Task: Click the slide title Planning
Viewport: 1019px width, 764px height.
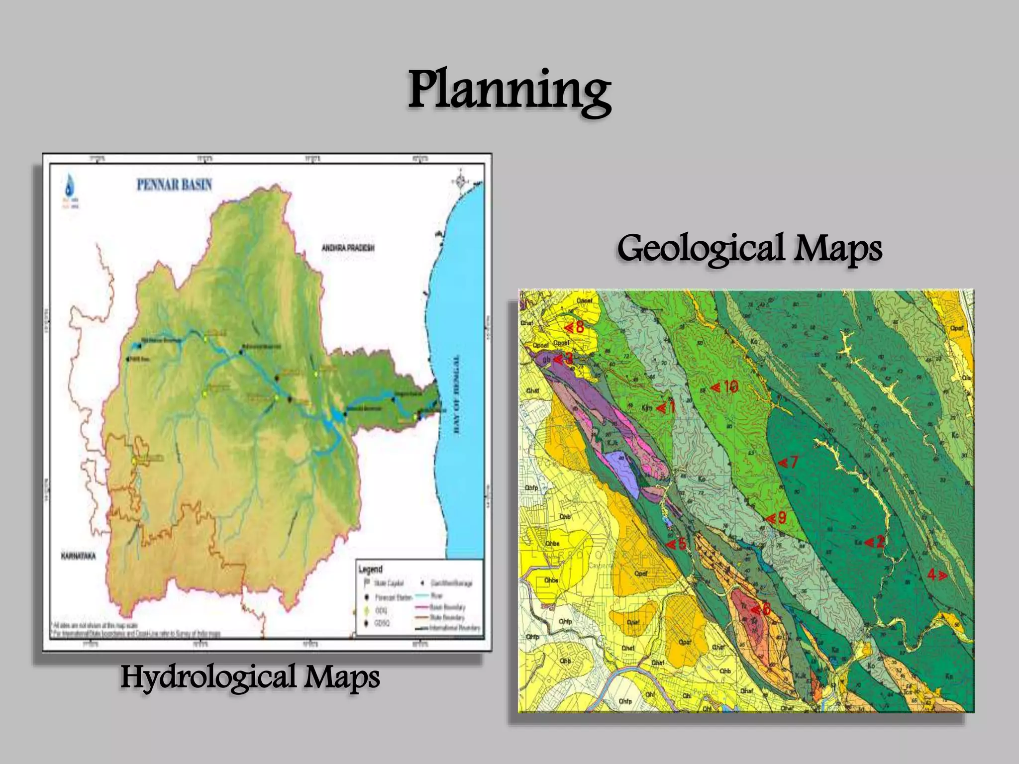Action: [509, 91]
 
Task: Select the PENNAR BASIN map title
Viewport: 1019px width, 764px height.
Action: [175, 185]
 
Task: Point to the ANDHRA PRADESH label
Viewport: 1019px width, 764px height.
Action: [348, 248]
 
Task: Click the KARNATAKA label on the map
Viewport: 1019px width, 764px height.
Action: [78, 556]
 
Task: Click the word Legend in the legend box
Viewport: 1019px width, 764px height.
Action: [371, 569]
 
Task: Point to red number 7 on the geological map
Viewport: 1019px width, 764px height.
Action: [793, 462]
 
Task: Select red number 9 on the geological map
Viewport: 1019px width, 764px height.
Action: [781, 518]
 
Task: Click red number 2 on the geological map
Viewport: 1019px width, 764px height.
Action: [880, 541]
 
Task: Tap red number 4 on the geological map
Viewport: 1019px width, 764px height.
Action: [932, 575]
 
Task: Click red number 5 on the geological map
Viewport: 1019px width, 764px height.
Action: [682, 544]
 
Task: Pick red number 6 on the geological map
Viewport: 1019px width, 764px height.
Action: [766, 609]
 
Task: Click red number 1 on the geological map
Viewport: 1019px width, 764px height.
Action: [670, 407]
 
